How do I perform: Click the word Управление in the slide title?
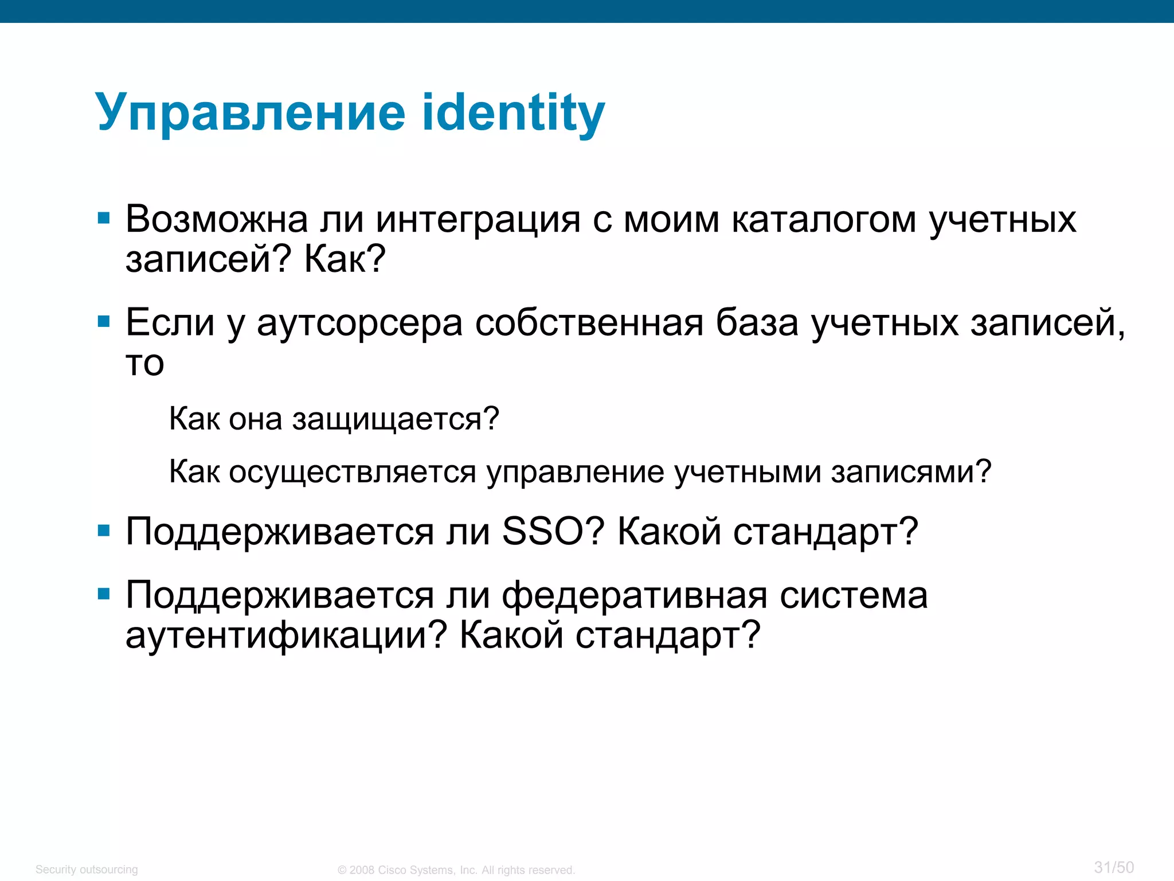coord(251,113)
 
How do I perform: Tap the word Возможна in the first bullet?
coord(217,220)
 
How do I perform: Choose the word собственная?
coord(589,323)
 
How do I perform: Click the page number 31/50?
coord(1114,867)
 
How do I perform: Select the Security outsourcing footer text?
coord(87,870)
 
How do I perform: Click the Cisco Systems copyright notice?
coord(456,870)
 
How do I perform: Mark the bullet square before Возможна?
coord(104,218)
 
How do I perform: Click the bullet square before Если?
coord(104,321)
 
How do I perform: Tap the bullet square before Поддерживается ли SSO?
coord(104,531)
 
